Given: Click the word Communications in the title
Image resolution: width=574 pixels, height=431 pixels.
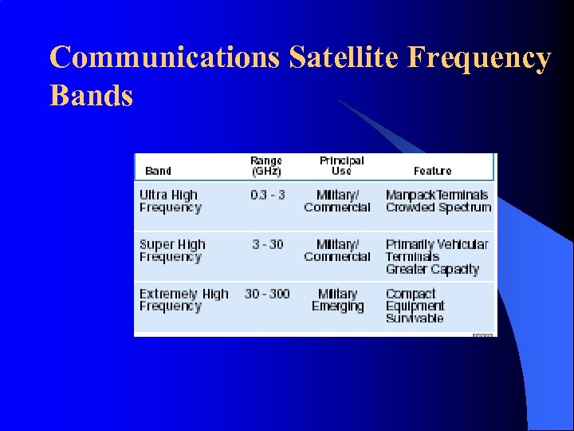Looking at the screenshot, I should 164,58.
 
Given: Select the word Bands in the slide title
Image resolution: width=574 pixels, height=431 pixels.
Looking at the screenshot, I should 91,96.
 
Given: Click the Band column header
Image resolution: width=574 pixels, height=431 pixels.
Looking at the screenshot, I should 158,171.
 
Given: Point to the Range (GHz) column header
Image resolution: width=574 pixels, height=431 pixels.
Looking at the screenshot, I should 266,166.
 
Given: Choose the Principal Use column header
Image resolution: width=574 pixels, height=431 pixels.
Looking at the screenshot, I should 340,166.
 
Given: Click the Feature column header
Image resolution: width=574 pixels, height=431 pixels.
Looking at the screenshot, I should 432,171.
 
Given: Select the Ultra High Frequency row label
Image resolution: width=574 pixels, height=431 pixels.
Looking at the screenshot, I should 170,201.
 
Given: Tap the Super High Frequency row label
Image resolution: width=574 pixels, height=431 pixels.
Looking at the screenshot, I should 171,251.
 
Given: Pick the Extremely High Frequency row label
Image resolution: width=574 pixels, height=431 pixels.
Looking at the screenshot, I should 183,300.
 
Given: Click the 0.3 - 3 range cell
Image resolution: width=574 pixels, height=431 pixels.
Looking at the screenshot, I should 267,196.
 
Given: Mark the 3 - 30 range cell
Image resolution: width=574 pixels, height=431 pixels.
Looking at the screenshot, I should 267,244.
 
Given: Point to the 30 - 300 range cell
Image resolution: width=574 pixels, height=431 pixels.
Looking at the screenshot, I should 267,294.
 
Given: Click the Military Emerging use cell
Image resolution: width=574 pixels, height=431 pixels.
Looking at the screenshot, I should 337,300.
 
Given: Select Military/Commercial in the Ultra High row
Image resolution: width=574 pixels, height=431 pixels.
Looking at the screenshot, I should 337,201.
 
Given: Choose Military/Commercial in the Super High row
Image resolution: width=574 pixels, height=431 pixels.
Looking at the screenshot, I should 337,251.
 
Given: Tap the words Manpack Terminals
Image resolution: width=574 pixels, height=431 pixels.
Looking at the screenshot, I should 437,196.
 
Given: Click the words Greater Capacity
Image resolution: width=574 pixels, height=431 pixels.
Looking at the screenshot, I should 432,270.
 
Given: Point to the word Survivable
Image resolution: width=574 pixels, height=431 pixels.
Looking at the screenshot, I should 415,318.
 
